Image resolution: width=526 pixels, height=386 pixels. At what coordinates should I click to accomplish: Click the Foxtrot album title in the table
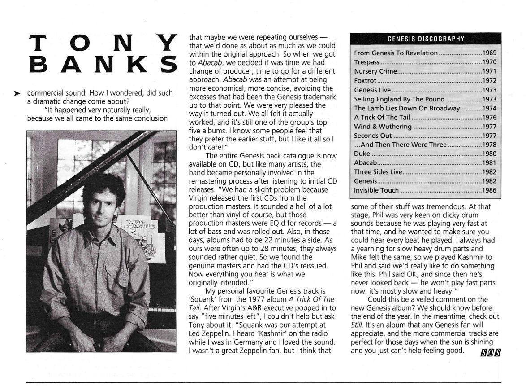pos(364,81)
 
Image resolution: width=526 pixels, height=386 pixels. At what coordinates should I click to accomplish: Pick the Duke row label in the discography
pos(362,154)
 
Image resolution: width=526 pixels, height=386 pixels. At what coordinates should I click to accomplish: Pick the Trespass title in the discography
pos(367,62)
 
